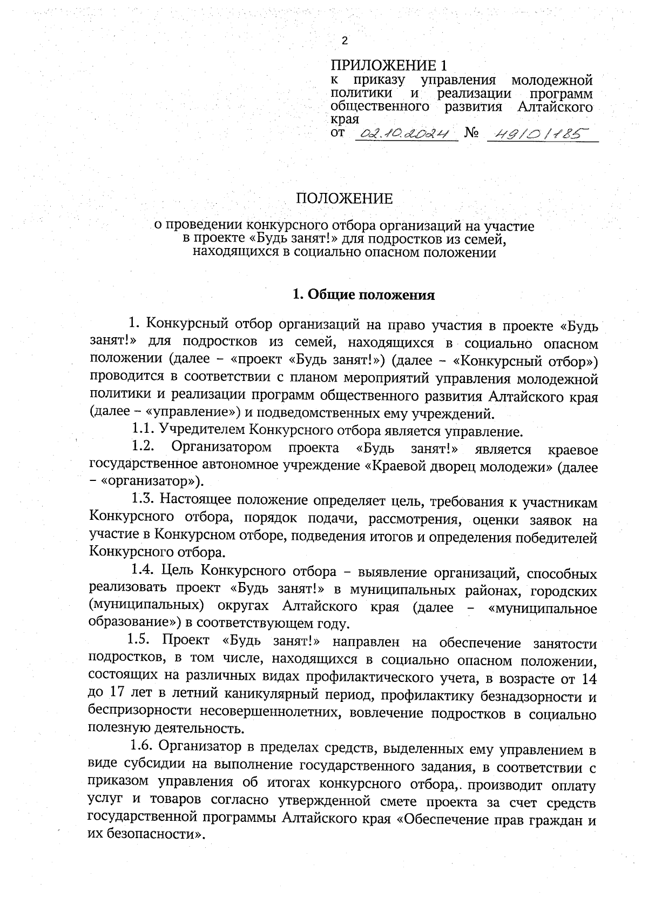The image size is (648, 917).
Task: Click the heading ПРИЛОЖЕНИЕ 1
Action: [389, 66]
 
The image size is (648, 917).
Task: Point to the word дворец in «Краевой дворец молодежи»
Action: [454, 466]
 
